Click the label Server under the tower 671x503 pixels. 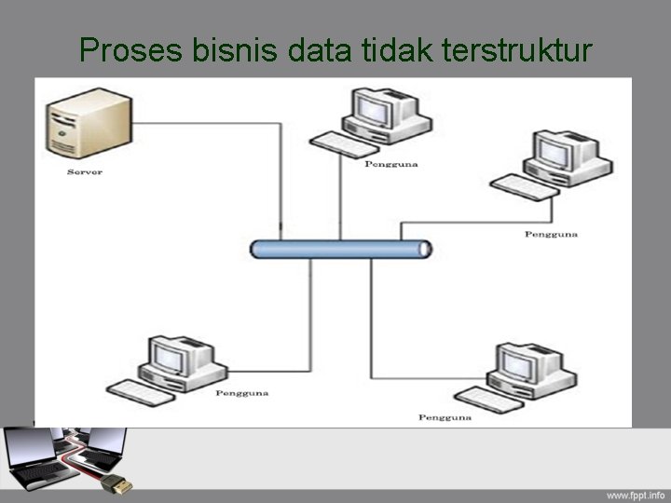click(x=85, y=172)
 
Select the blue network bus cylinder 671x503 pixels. click(x=341, y=249)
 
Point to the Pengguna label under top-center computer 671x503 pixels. click(x=391, y=164)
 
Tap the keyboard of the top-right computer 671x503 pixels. click(x=522, y=185)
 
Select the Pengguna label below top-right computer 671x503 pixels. click(x=552, y=234)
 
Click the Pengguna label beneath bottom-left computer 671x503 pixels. click(x=242, y=393)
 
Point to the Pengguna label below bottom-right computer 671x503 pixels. click(x=445, y=416)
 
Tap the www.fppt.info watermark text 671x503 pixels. click(x=636, y=494)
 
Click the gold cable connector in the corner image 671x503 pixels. click(x=119, y=483)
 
